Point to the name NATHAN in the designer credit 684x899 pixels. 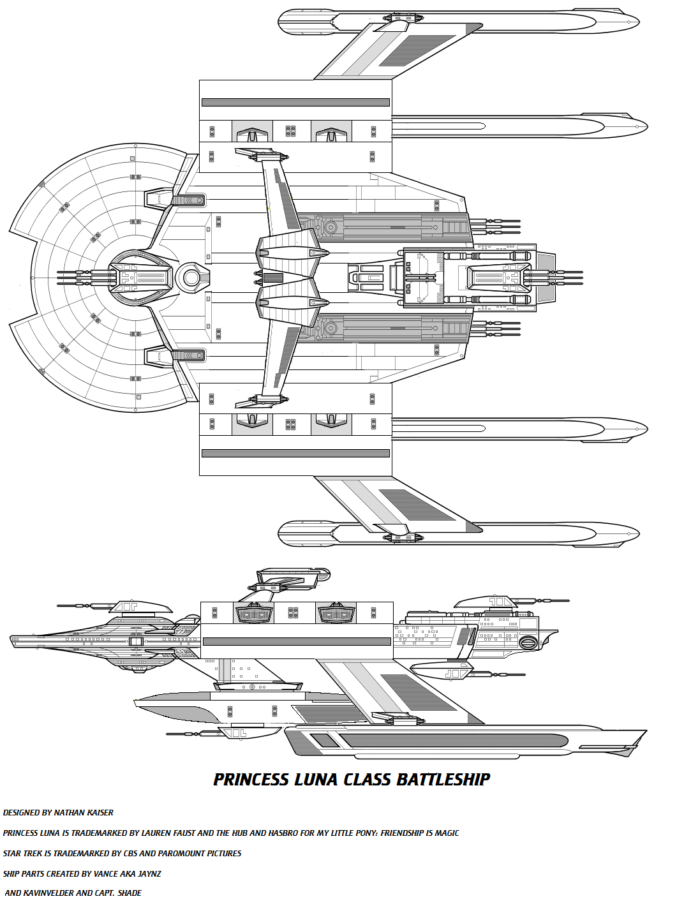71,813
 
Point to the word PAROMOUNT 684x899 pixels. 178,854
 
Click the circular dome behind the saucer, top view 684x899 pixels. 190,278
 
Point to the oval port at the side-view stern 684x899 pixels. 528,642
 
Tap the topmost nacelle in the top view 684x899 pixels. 459,21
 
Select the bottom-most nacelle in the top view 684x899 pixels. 459,534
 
